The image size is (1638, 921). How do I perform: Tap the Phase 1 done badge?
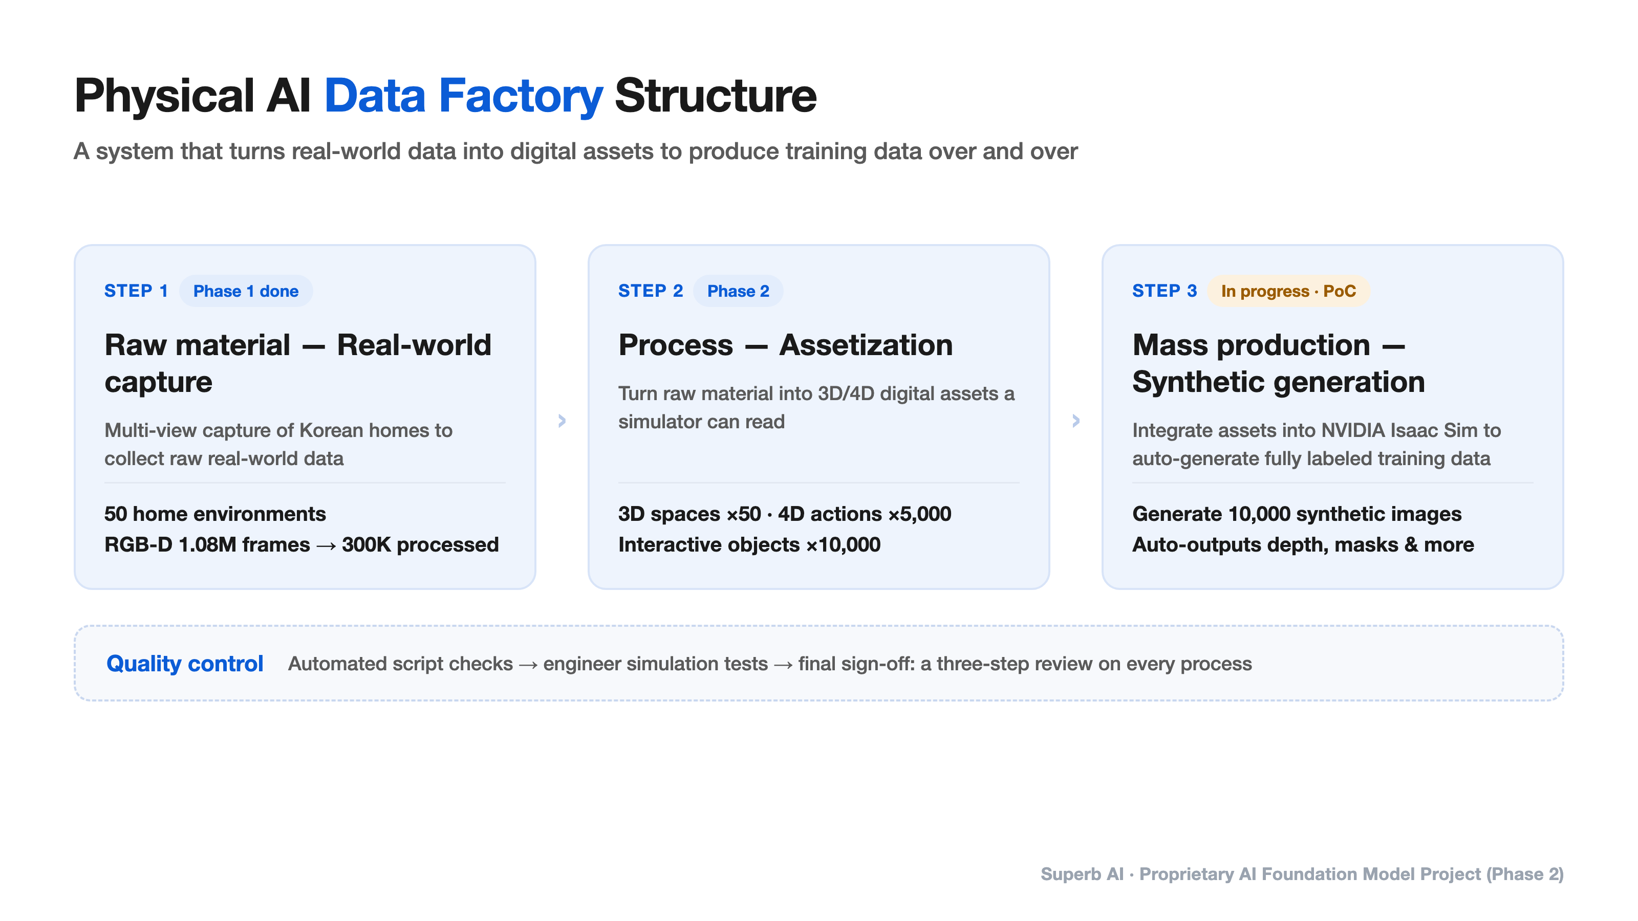tap(246, 291)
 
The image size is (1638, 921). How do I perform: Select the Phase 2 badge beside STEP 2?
tap(738, 291)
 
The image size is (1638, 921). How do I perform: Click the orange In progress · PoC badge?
tap(1288, 291)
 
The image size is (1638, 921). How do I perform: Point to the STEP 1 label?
tap(136, 291)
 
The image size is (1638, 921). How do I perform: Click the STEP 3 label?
tap(1165, 291)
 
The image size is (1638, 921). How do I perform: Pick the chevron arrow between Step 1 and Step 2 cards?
tap(562, 420)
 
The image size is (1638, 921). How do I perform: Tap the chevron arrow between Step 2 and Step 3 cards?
tap(1076, 420)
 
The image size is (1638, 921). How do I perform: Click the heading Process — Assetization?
tap(785, 345)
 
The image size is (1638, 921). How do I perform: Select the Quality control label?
tap(184, 664)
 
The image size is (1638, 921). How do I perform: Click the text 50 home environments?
tap(215, 514)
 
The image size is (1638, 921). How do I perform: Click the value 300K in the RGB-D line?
tap(367, 545)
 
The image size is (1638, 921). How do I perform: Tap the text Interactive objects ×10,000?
tap(749, 545)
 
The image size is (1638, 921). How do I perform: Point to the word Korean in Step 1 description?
tap(331, 430)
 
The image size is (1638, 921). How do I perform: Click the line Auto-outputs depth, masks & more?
tap(1303, 545)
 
